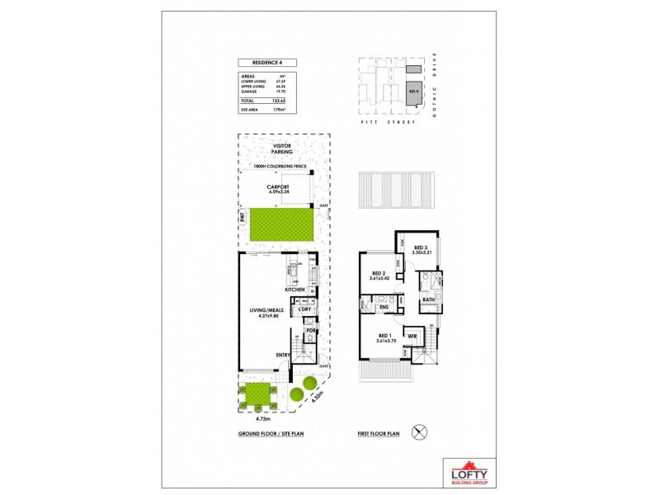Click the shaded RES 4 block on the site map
coord(414,91)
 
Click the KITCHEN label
coord(295,290)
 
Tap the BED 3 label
coord(420,247)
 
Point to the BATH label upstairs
coord(428,299)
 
